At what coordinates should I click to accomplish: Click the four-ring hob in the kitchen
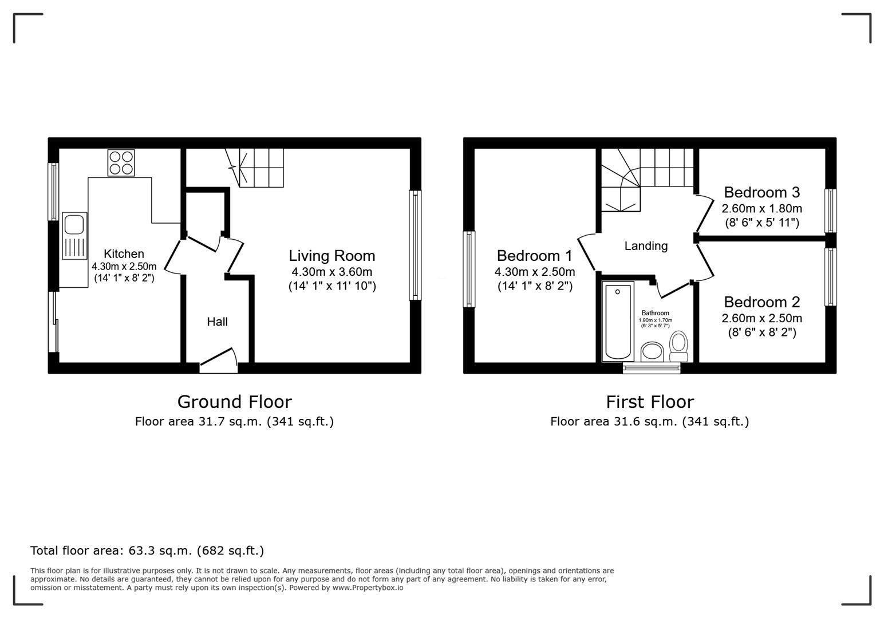coord(121,163)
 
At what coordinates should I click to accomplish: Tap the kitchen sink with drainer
coord(74,236)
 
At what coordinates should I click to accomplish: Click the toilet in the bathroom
coord(679,346)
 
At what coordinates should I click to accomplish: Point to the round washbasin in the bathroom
coord(652,351)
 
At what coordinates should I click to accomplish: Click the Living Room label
coord(331,256)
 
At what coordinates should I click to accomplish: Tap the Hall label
coord(217,322)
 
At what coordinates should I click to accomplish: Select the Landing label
coord(646,246)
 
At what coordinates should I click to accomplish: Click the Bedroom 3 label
coord(761,192)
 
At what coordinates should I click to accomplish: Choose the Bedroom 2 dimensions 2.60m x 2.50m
coord(761,318)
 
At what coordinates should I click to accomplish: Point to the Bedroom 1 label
coord(534,256)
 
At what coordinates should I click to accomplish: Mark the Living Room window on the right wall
coord(415,245)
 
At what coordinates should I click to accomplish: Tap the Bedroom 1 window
coord(469,268)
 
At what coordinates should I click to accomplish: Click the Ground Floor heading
coord(234,402)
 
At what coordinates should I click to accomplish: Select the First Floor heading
coord(650,402)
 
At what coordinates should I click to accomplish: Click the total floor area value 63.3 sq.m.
coord(161,550)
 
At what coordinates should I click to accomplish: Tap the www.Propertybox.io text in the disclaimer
coord(368,588)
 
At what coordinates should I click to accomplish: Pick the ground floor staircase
coord(261,168)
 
